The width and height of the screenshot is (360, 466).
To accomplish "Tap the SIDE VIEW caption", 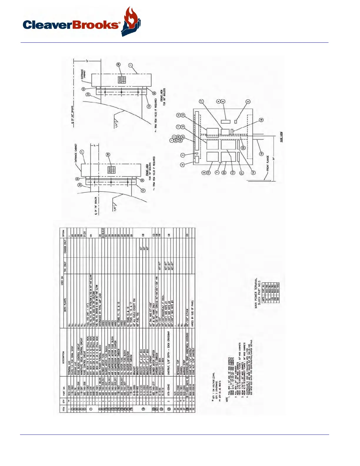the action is click(281, 137).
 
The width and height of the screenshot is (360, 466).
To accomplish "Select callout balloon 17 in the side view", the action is click(201, 101).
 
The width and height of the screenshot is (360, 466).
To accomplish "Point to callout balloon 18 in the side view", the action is click(261, 120).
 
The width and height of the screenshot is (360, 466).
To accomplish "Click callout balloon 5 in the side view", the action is click(248, 101).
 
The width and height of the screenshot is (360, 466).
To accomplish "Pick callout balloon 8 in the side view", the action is click(183, 165).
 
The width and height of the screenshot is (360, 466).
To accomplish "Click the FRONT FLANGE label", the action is click(268, 163).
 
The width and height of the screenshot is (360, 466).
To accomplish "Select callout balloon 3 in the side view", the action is click(183, 155).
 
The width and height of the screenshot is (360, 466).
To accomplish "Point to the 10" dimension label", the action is click(87, 61).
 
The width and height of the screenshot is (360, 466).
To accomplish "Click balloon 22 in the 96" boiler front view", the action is click(88, 94).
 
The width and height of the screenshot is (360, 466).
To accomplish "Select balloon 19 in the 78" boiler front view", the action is click(143, 191).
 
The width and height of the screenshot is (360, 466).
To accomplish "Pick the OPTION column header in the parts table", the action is click(64, 233).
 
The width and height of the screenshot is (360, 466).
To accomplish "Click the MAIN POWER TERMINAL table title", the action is click(256, 293).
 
